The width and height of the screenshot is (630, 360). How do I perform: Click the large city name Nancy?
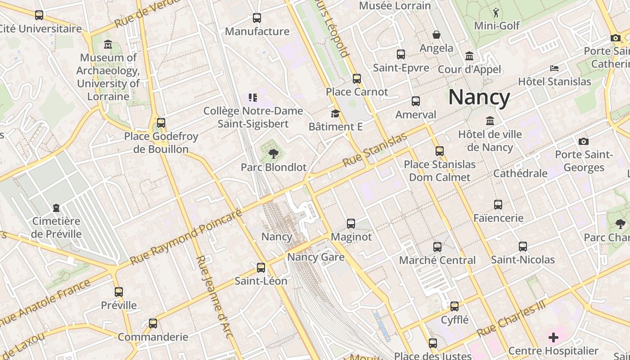point(479,97)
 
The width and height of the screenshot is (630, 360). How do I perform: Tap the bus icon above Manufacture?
point(257,18)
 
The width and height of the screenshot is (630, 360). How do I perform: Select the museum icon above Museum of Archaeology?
point(108,45)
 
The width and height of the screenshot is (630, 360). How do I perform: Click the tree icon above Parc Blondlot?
point(273,154)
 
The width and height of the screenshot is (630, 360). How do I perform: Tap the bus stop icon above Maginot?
point(351,223)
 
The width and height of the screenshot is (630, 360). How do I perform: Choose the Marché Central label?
point(437,260)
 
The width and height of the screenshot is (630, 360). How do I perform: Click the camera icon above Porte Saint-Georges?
point(584,141)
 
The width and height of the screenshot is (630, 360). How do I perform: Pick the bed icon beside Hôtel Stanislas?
point(554,68)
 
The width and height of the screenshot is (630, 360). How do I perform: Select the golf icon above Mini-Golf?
point(496,13)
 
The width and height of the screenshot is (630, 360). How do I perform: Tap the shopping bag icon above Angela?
point(436,35)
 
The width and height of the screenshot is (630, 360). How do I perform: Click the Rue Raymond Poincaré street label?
point(186,237)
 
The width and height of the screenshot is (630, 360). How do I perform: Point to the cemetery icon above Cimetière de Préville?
point(56,208)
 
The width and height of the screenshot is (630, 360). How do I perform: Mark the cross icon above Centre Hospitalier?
point(553,337)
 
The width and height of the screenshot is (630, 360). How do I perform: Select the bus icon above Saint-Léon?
point(261,268)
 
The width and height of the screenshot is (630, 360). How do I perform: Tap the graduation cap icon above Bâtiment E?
point(335,113)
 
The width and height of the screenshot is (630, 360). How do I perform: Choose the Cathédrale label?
point(520,173)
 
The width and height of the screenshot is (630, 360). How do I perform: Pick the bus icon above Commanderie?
point(153,324)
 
